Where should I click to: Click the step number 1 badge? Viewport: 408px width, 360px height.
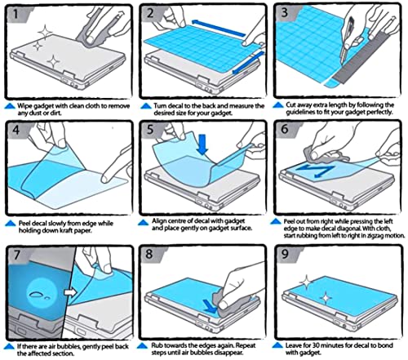(16, 14)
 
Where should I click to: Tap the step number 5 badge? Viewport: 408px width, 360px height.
(150, 129)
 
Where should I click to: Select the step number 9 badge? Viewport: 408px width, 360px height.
(285, 254)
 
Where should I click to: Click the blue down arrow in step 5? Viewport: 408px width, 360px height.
(202, 144)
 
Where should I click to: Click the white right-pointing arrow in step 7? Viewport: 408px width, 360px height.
(70, 292)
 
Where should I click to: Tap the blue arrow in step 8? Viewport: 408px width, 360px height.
(211, 306)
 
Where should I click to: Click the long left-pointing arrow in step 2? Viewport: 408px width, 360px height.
(219, 28)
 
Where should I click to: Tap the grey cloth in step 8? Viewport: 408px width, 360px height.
(226, 302)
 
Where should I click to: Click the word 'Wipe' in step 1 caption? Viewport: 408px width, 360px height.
(24, 106)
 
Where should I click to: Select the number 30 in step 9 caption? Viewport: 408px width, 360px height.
(315, 345)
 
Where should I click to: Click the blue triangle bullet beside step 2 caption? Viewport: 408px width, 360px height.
(146, 106)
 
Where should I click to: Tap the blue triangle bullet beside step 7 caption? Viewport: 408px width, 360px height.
(10, 347)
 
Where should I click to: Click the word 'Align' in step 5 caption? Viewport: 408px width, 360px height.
(158, 221)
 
